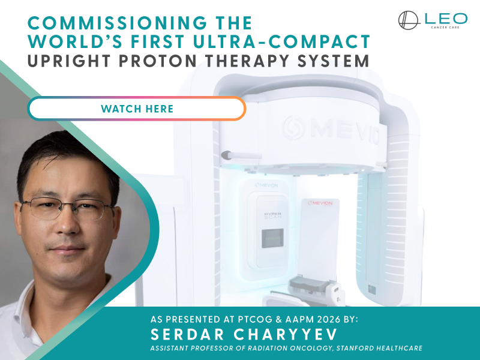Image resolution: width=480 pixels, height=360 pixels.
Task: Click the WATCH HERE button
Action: click(137, 109)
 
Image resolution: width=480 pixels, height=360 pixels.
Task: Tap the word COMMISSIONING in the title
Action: click(118, 23)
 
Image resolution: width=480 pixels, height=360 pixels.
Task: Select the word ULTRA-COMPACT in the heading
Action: click(281, 41)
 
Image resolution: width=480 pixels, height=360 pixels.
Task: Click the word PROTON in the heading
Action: click(158, 61)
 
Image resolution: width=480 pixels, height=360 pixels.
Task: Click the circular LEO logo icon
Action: click(408, 20)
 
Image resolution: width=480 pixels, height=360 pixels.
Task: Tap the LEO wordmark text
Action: click(446, 19)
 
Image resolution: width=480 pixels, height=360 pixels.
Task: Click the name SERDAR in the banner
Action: click(188, 334)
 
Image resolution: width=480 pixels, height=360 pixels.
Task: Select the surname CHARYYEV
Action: click(286, 334)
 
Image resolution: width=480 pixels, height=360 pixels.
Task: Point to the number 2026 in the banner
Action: click(329, 319)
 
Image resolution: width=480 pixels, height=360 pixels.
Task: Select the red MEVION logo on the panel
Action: click(320, 203)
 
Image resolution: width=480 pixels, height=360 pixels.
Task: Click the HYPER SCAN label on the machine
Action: click(272, 215)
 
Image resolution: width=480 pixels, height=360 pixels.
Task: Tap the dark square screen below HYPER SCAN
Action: click(272, 238)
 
